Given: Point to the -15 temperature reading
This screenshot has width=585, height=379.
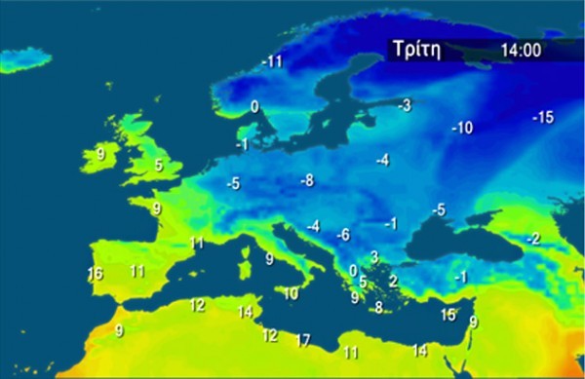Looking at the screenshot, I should click(x=542, y=118).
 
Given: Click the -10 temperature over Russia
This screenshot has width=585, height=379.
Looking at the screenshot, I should click(x=461, y=128).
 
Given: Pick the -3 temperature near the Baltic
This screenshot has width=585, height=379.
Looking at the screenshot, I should click(x=404, y=104).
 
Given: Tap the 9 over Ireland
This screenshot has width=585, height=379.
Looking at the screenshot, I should click(x=100, y=153).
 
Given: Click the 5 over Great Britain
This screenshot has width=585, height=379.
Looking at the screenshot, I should click(x=159, y=166).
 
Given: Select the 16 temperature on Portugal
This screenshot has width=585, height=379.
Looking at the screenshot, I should click(x=95, y=274).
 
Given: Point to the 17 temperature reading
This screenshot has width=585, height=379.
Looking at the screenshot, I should click(x=303, y=340).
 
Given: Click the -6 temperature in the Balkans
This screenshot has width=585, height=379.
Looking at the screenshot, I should click(x=342, y=235).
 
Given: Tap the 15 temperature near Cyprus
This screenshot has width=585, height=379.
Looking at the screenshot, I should click(x=448, y=315).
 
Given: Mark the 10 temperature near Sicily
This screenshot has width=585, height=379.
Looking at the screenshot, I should click(x=291, y=293).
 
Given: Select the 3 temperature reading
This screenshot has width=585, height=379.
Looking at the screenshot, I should click(x=374, y=256).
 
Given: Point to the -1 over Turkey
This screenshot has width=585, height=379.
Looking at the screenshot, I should click(x=460, y=277).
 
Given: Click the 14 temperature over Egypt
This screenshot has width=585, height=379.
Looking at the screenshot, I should click(x=420, y=350).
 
